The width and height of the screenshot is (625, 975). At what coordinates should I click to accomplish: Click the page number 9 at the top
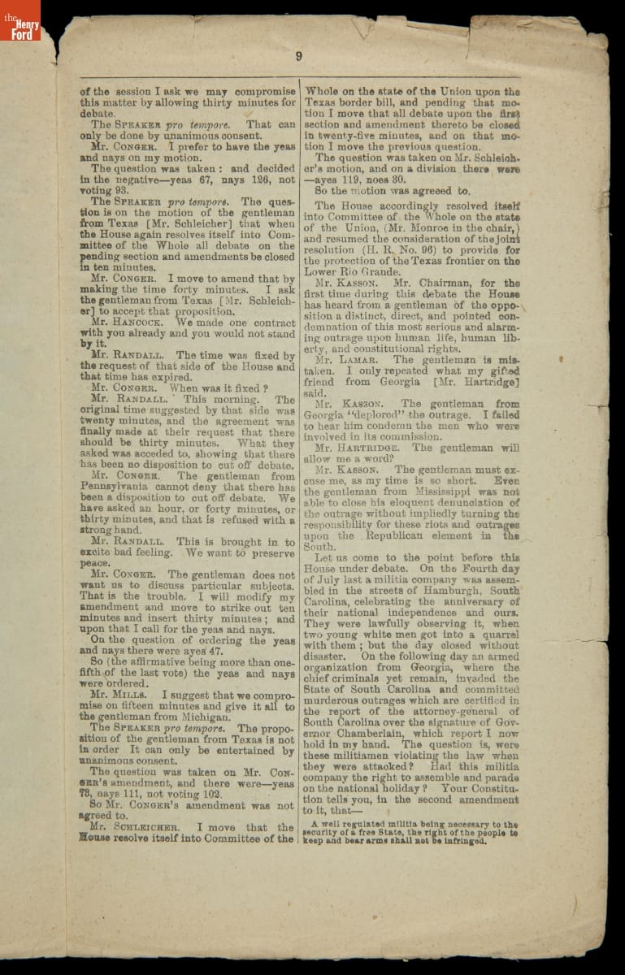point(298,56)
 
